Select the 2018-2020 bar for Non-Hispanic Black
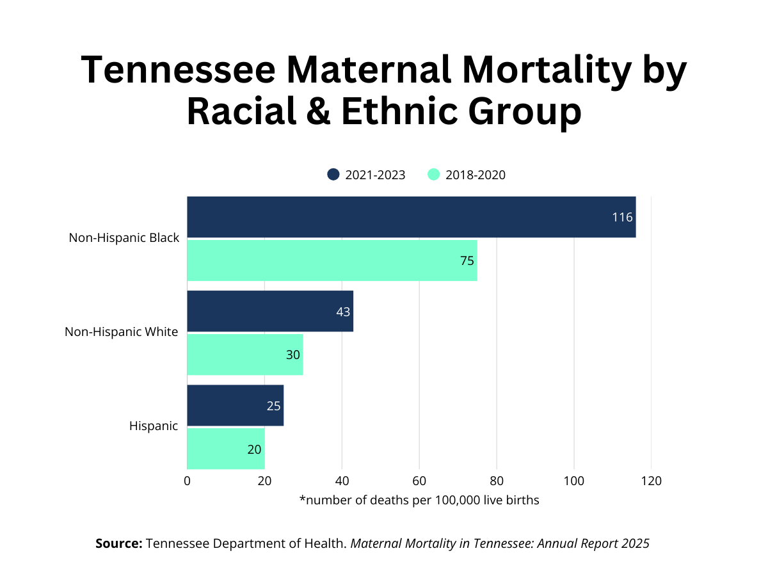(332, 260)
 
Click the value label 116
(622, 217)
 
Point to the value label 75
(467, 260)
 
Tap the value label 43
(343, 312)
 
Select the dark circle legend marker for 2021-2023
(333, 175)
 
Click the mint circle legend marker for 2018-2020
(434, 175)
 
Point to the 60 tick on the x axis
(419, 481)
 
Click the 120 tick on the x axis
(651, 481)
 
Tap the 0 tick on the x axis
(187, 481)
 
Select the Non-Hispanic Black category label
(124, 237)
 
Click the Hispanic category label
(153, 426)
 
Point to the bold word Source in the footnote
(118, 543)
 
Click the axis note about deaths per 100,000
(419, 500)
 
